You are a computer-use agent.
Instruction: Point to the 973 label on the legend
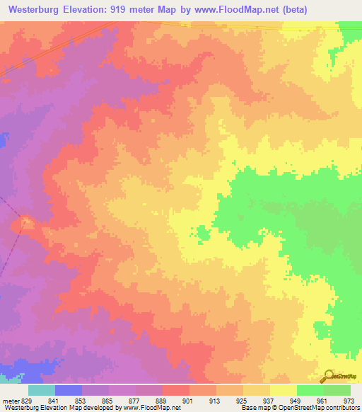(x=347, y=400)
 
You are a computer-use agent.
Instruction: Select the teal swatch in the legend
(x=42, y=390)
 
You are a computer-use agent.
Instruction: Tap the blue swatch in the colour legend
(x=69, y=390)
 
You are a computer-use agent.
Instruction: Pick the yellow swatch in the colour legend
(x=283, y=390)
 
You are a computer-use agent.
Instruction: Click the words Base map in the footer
(x=252, y=408)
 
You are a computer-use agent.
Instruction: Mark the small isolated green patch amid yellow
(x=203, y=232)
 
